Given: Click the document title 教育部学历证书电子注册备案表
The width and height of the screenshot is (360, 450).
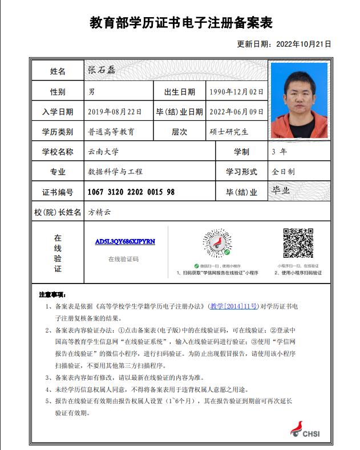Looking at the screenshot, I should coord(181,23).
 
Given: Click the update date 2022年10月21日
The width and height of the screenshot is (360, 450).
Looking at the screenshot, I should coord(284,44).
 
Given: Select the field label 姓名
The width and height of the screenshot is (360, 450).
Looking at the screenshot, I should coord(58,71).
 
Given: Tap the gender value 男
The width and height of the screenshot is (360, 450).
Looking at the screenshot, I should coord(91,92).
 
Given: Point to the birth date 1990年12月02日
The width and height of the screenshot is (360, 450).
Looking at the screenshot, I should coord(236,92).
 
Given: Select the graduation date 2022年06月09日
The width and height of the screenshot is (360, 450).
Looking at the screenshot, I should coord(236,112).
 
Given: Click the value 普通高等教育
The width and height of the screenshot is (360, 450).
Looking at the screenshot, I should coord(111,132).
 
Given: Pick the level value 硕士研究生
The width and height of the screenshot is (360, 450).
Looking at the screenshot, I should coord(229,132).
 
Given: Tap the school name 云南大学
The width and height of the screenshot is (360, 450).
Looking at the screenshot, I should coord(103,152).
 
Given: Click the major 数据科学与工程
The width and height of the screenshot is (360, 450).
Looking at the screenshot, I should coord(115,172).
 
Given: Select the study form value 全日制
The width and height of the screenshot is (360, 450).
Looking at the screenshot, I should coord(283,172).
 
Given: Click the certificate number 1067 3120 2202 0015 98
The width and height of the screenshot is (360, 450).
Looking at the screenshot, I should coord(131,192).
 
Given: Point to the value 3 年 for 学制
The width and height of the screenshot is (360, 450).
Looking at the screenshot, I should coord(280,152).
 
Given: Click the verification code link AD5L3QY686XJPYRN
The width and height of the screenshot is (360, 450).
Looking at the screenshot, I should coord(125,241).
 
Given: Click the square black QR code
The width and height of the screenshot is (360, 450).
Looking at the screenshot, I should coord(298,244).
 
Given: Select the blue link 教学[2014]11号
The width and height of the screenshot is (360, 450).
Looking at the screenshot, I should coord(233,306).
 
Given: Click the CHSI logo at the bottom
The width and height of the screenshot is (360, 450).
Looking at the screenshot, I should coord(305,431).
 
